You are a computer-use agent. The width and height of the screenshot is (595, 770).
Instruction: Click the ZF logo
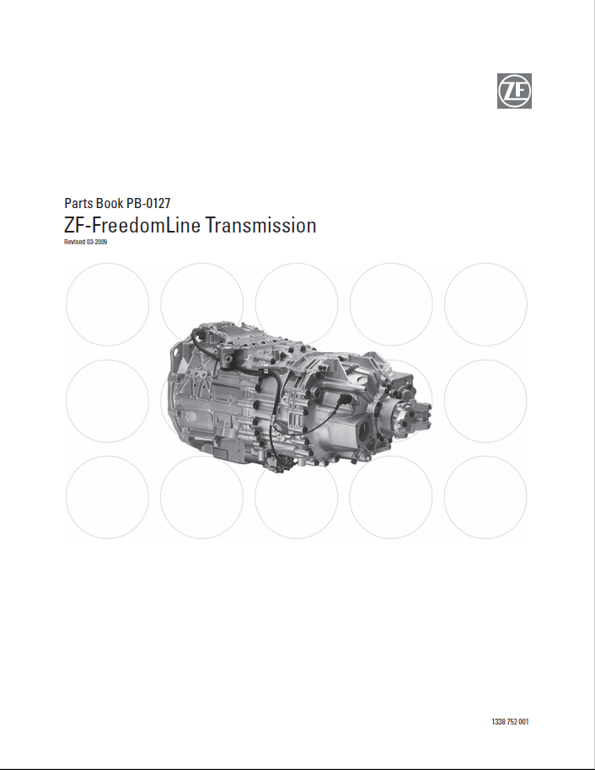(514, 91)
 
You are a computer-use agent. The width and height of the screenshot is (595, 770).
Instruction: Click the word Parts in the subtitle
(78, 203)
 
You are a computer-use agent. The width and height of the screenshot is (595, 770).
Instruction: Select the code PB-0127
(148, 203)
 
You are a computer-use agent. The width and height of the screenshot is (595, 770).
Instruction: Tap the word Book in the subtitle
(110, 203)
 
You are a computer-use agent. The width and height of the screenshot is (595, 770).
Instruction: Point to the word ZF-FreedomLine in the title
(132, 226)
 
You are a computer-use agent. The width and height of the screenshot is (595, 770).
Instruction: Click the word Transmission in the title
(261, 226)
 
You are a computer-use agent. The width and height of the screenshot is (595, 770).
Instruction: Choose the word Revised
(75, 242)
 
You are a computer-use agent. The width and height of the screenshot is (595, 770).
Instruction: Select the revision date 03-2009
(97, 242)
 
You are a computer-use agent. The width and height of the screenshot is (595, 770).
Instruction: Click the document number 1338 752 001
(510, 721)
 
